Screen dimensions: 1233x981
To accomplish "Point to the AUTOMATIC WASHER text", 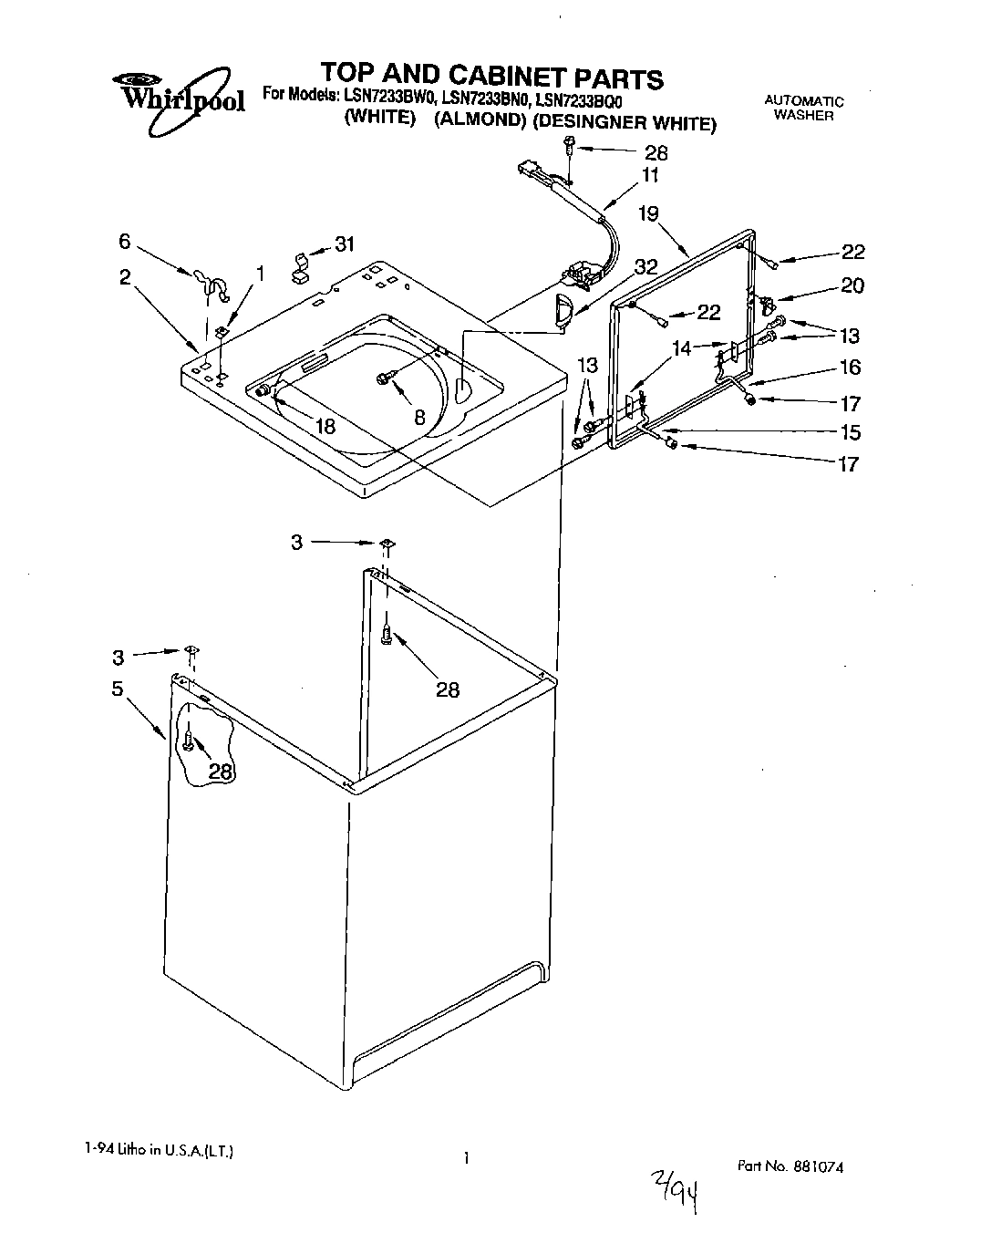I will [x=803, y=109].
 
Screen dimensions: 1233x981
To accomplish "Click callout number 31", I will [x=345, y=243].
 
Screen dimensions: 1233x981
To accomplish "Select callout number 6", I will [x=124, y=241].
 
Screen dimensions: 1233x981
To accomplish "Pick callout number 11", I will [x=649, y=175].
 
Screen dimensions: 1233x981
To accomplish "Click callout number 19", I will [x=648, y=213].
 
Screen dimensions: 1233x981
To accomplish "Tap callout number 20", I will [x=852, y=285].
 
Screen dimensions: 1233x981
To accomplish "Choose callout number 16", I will [x=850, y=367].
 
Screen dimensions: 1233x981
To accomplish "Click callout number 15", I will [x=850, y=431].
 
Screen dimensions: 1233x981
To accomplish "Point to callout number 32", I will [x=645, y=266].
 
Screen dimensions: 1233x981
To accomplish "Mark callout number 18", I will [x=325, y=426].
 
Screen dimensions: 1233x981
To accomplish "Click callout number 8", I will [x=419, y=418].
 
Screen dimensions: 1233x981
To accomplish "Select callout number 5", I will [x=118, y=689].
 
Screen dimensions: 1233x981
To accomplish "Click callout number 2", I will [x=125, y=277].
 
